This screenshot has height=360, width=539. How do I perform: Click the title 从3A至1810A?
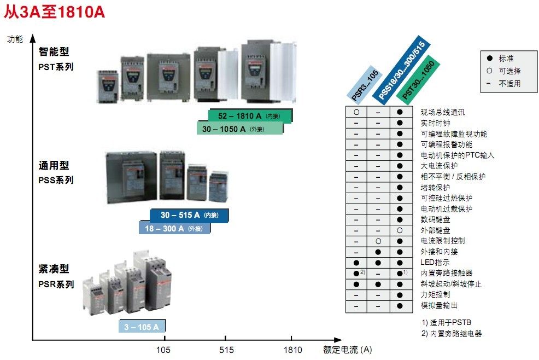click(x=54, y=12)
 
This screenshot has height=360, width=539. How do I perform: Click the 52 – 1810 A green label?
click(x=249, y=116)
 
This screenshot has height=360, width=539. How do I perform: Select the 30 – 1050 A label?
click(x=240, y=129)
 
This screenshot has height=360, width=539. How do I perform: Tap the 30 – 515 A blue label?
click(x=189, y=215)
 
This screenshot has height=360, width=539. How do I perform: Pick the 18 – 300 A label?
click(x=174, y=228)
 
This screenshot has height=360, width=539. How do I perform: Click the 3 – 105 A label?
click(x=142, y=327)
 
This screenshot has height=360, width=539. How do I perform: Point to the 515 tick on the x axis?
click(x=226, y=350)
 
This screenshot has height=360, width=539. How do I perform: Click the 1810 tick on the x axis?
click(x=292, y=350)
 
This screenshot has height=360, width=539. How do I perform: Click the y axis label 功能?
click(x=15, y=39)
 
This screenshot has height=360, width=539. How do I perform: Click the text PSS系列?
click(x=56, y=180)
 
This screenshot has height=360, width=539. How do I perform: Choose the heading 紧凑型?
click(x=54, y=269)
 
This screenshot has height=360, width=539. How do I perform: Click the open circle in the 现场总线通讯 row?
click(x=356, y=112)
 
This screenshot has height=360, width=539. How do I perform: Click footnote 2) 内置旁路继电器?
click(x=452, y=333)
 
